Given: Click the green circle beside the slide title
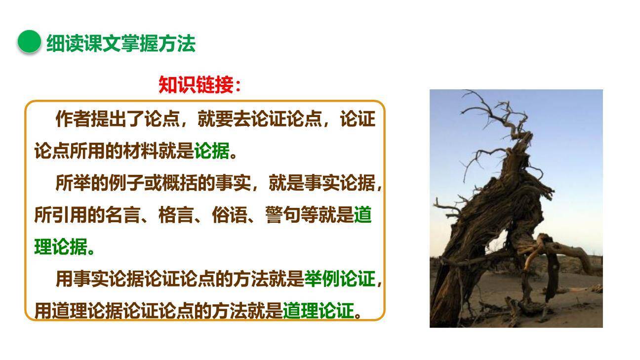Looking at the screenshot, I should tap(29, 41).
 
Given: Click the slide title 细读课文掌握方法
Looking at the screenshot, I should tap(120, 43).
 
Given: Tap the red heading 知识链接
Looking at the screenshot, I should tap(200, 85).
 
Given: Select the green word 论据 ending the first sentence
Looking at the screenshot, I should tap(212, 151).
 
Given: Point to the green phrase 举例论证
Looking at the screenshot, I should tap(339, 279).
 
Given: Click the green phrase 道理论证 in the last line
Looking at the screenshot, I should tap(319, 311).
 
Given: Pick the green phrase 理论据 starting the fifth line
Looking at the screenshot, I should tap(61, 247).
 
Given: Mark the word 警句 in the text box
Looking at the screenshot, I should tap(283, 215).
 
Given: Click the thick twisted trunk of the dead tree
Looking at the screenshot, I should tap(499, 207).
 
